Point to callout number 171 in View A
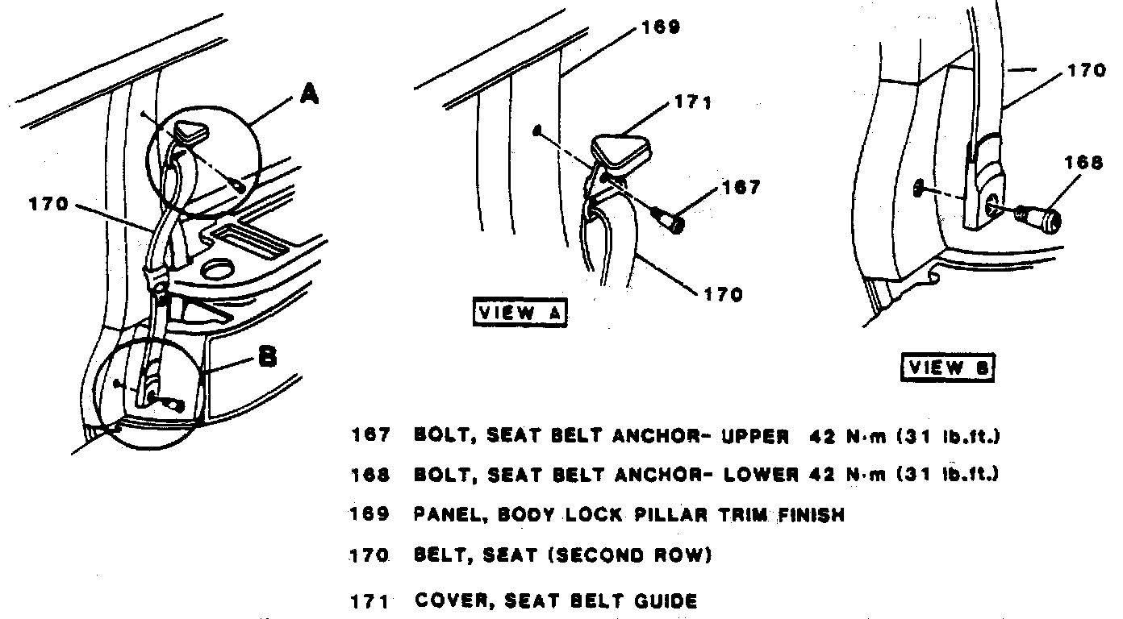coord(692,104)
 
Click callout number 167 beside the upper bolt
coord(741,188)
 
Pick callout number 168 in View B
coord(1082,162)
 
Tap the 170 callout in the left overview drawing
coord(49,205)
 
